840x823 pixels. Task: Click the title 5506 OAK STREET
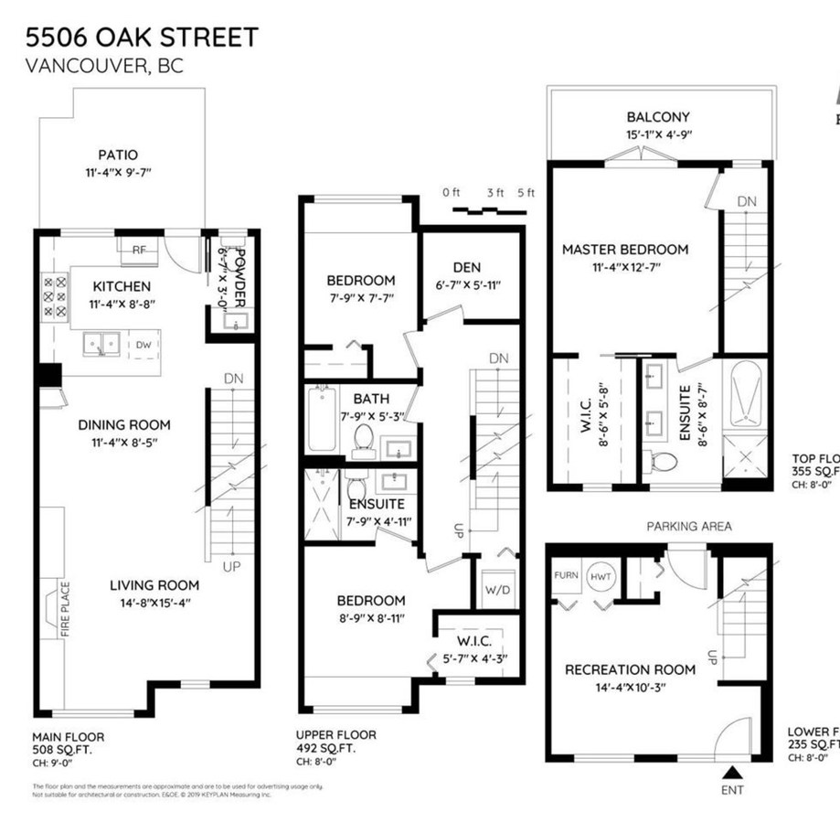(x=141, y=37)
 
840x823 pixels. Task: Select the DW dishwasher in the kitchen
(x=144, y=345)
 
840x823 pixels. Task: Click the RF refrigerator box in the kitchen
(x=140, y=249)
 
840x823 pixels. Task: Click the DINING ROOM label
(x=123, y=424)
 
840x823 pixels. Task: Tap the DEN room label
(x=466, y=267)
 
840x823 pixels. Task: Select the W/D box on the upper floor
(x=497, y=589)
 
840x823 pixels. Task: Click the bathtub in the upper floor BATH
(x=322, y=419)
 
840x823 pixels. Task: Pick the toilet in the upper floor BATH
(x=363, y=438)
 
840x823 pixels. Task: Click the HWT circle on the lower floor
(x=601, y=576)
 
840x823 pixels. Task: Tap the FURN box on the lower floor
(x=566, y=575)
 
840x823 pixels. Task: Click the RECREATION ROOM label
(x=630, y=669)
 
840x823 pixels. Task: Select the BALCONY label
(x=658, y=117)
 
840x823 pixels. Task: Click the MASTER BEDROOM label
(x=625, y=249)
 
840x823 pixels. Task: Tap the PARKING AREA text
(x=689, y=527)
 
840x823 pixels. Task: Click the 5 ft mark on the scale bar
(x=526, y=193)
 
